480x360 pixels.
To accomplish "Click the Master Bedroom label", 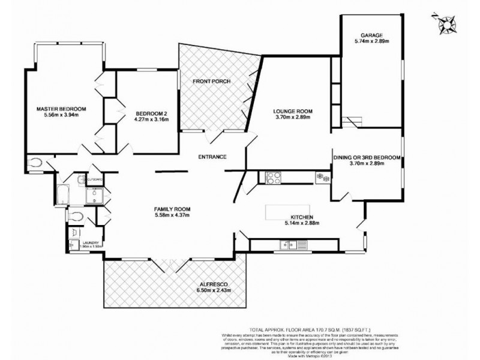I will (x=61, y=109).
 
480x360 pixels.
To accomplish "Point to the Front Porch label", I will (x=211, y=82).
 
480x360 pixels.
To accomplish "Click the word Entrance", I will (x=212, y=157).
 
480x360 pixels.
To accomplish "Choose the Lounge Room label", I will (x=293, y=111).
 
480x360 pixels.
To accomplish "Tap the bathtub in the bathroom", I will (x=63, y=194).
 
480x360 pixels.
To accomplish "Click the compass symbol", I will (x=446, y=23).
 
